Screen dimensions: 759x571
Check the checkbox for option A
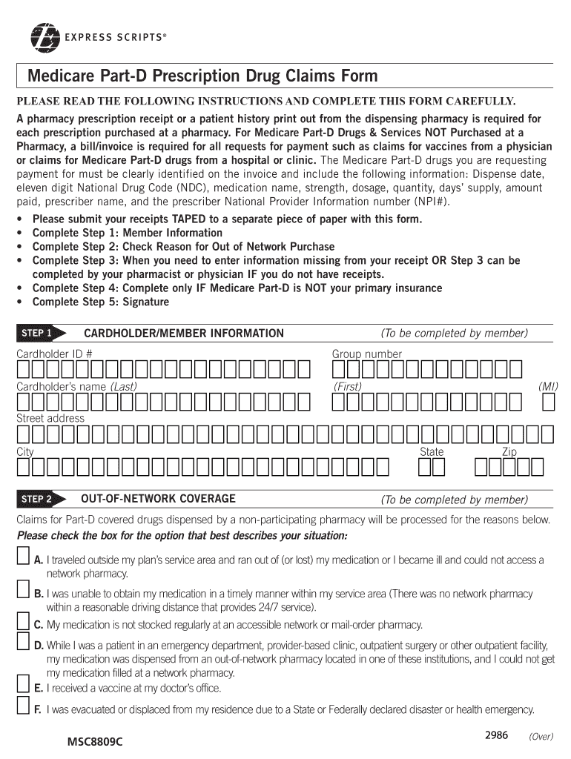click(24, 557)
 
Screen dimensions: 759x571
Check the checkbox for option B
click(24, 591)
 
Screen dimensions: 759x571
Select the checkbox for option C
click(24, 623)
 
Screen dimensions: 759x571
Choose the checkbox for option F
click(24, 707)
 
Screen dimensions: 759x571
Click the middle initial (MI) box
click(549, 402)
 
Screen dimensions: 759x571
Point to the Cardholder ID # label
click(54, 354)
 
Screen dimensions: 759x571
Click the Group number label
click(366, 354)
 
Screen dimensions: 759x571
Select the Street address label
click(50, 419)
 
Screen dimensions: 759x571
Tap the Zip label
click(509, 451)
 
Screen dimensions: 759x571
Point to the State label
click(432, 451)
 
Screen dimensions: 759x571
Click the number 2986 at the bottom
click(496, 735)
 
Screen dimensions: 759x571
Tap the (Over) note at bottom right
click(541, 737)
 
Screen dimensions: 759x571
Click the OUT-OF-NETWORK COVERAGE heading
click(158, 499)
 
